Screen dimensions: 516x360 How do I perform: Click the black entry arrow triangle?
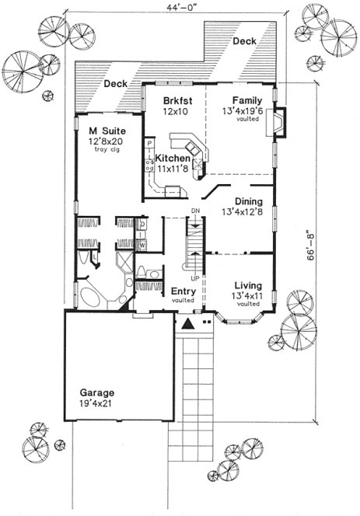187,325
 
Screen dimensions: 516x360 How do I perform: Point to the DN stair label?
196,211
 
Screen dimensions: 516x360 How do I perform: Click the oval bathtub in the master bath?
94,298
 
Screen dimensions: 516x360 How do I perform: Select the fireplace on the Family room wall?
281,123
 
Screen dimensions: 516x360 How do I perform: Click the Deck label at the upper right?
244,40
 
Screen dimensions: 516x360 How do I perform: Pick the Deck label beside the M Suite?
117,82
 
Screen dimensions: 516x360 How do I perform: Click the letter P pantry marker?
148,144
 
